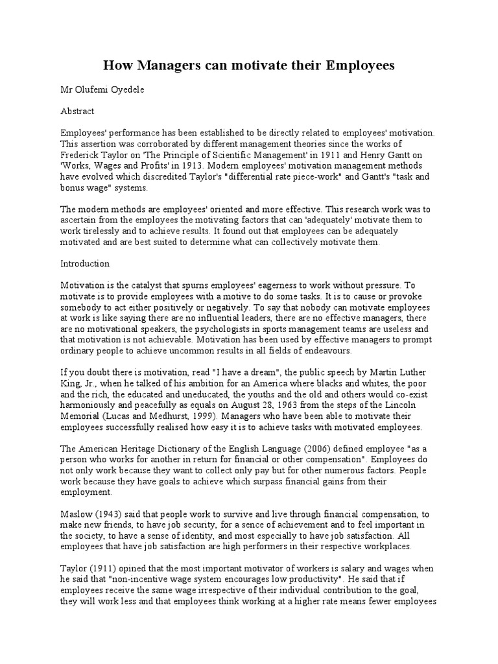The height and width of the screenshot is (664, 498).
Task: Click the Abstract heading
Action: tap(77, 111)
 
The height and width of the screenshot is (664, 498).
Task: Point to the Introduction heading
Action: tap(85, 264)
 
